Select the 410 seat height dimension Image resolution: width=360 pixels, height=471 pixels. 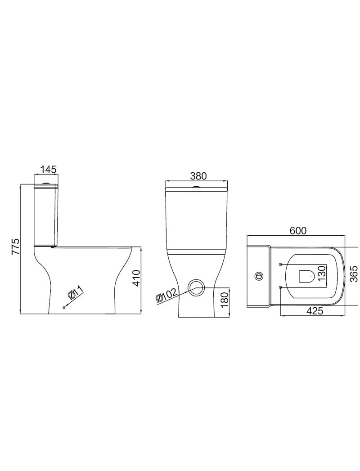[136, 278]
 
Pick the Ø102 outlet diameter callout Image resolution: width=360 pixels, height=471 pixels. [167, 296]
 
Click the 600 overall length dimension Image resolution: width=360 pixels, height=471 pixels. [298, 230]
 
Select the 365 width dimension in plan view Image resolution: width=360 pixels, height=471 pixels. [355, 274]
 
